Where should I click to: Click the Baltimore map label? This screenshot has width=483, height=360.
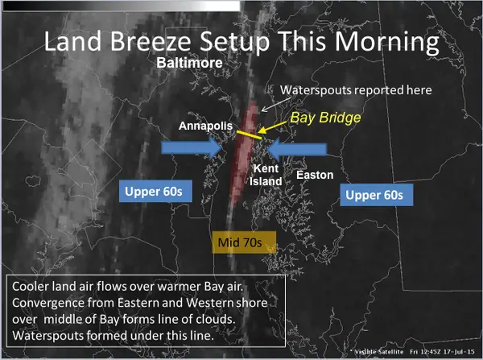point(189,63)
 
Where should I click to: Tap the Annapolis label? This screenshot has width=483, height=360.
point(205,126)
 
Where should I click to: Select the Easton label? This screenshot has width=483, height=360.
point(315,175)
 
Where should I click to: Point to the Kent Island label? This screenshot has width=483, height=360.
point(266,175)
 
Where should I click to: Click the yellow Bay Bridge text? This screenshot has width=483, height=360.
point(325,118)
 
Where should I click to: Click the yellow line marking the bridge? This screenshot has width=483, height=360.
point(249,135)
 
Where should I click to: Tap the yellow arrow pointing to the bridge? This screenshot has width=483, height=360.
point(273,127)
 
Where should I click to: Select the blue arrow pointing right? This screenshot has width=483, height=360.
point(192,147)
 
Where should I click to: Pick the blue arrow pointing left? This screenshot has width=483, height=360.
point(297,150)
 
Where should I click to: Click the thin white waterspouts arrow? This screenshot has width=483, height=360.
point(276,105)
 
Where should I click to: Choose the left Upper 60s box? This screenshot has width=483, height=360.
point(155,192)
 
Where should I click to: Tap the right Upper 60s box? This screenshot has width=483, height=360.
point(377,195)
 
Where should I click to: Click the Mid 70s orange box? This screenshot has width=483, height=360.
point(244,242)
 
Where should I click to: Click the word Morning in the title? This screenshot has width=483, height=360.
point(387,42)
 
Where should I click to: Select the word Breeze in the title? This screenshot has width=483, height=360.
point(151,41)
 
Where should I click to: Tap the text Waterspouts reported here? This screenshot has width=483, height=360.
point(356,90)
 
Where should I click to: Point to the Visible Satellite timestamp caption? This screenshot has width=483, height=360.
point(415,352)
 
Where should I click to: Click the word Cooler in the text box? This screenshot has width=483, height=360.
point(31,287)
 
